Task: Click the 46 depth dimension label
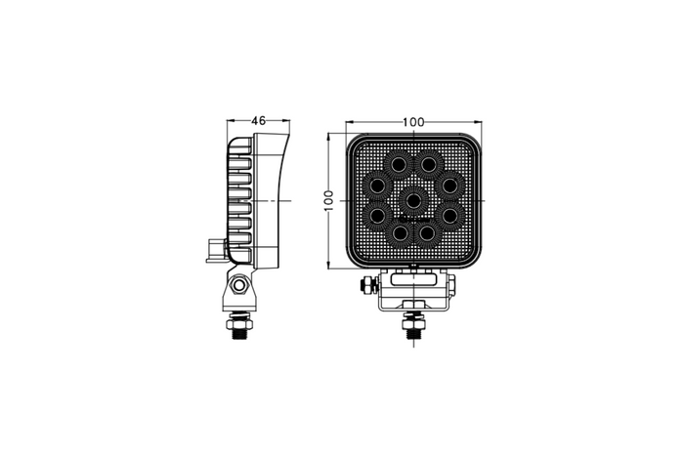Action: click(x=259, y=121)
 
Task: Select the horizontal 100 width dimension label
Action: click(x=413, y=122)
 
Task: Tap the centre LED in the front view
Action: click(x=414, y=199)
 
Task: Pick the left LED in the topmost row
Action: click(x=401, y=163)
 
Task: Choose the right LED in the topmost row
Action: click(x=429, y=163)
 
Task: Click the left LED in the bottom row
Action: click(x=401, y=234)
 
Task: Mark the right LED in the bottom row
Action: click(x=429, y=234)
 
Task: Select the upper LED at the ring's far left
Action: click(x=376, y=184)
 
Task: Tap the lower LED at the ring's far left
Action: click(x=376, y=214)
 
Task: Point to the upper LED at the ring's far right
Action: click(x=450, y=184)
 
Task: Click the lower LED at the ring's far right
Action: click(x=450, y=214)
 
